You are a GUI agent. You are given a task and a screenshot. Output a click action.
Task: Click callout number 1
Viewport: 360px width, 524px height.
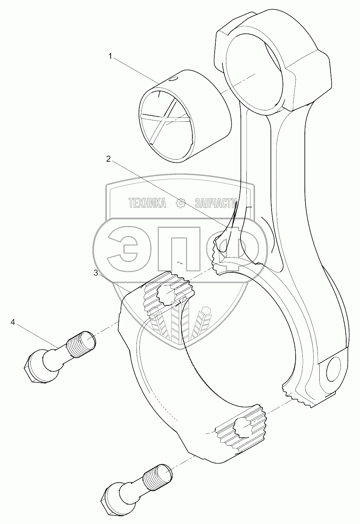pyautogui.click(x=111, y=56)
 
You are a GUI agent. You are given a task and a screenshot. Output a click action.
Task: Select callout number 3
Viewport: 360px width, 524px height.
pyautogui.click(x=96, y=273)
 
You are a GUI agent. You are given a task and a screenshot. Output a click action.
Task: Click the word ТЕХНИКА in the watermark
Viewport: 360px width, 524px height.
pyautogui.click(x=147, y=203)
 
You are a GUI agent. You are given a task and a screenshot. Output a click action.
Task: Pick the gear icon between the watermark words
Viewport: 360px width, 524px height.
pyautogui.click(x=181, y=203)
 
